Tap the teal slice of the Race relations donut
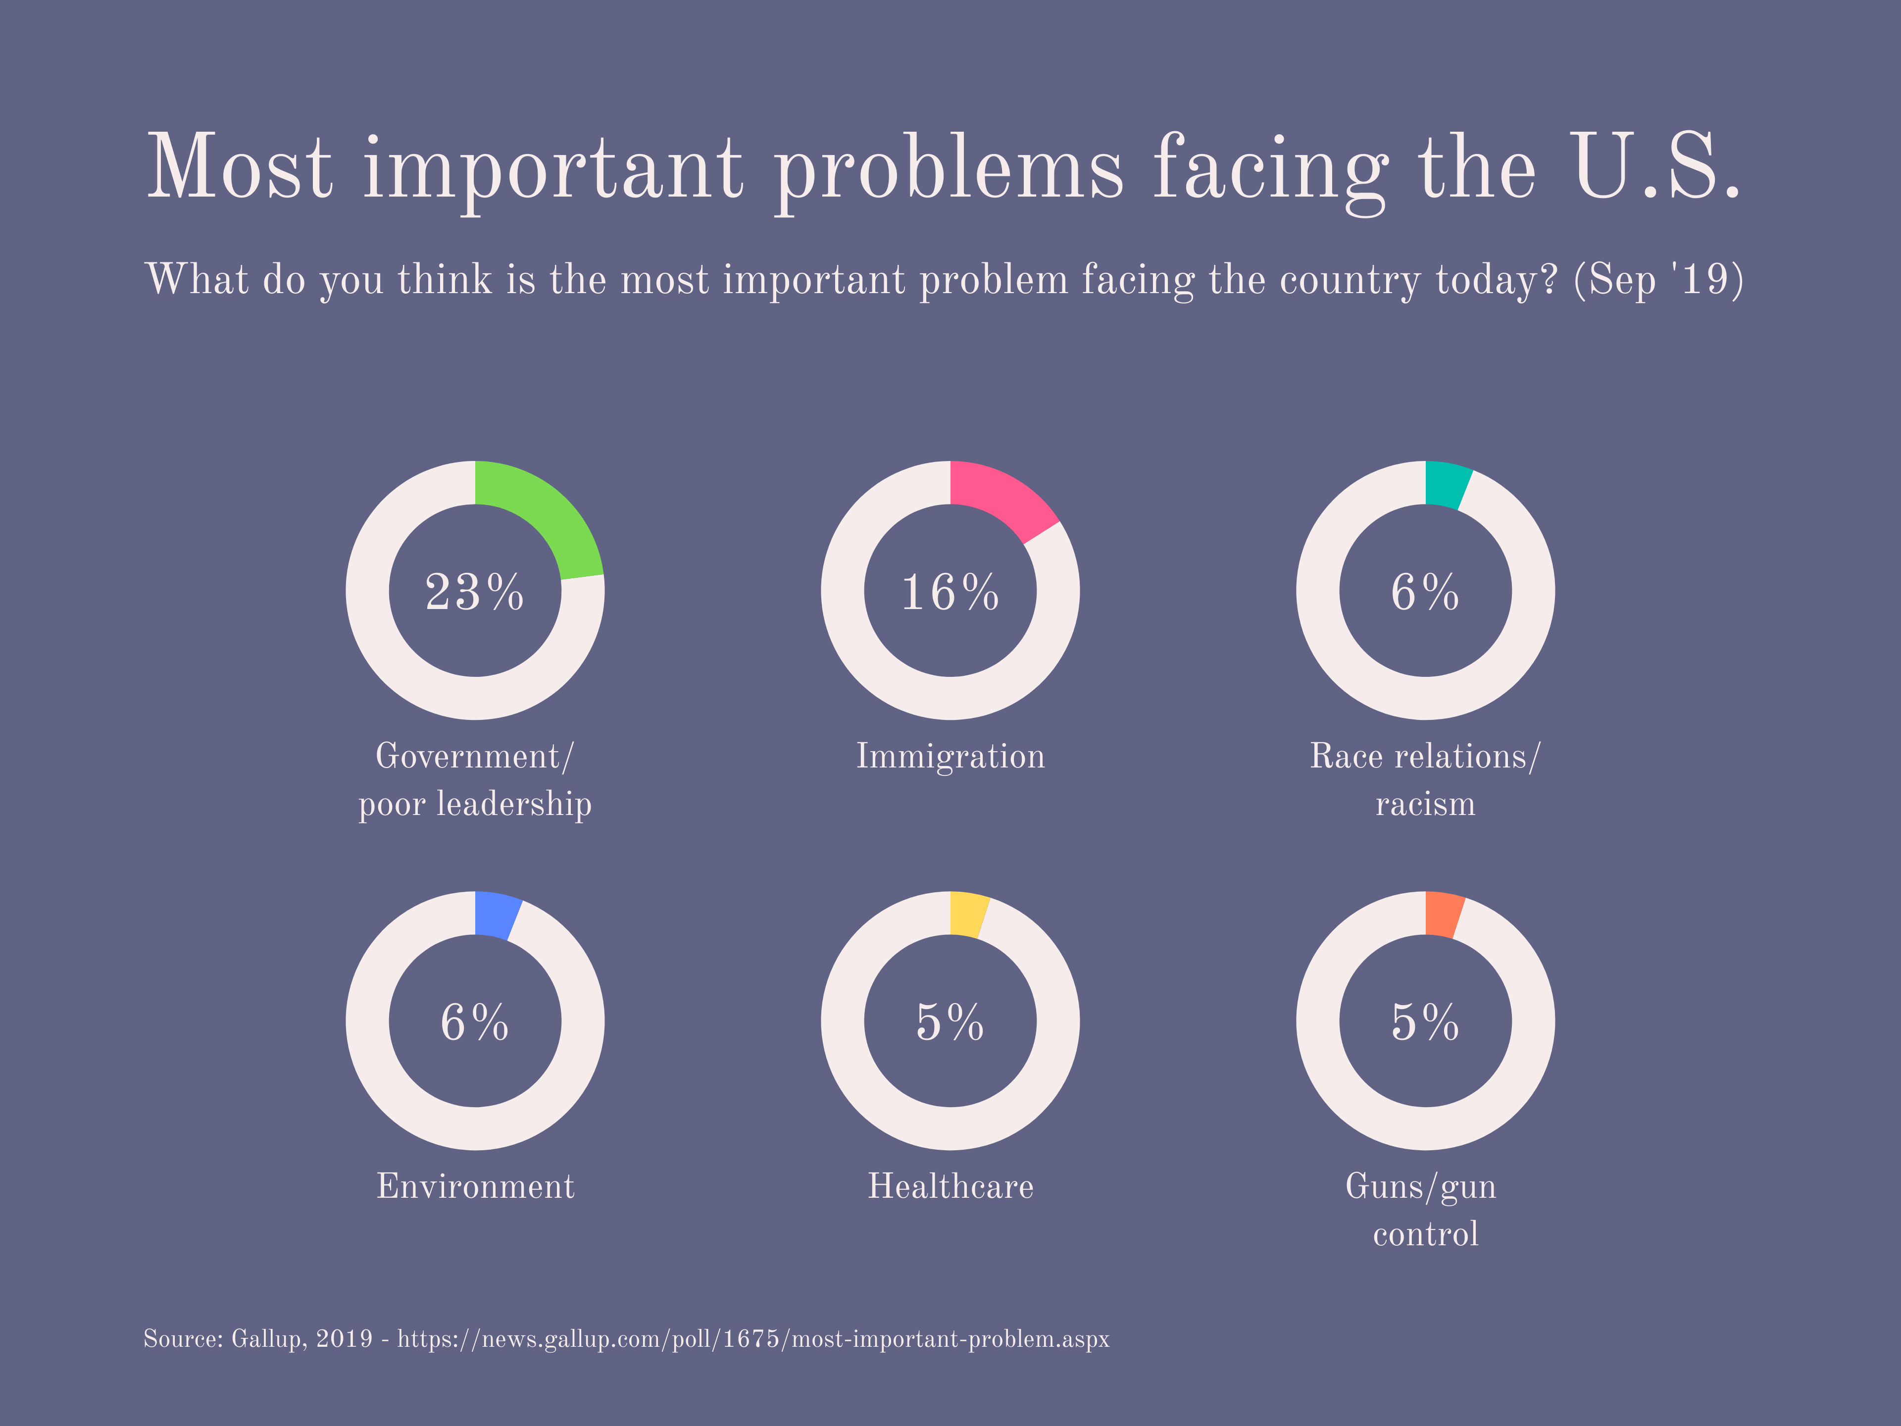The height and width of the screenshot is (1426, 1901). pos(1446,484)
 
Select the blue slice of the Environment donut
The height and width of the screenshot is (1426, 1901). pos(496,915)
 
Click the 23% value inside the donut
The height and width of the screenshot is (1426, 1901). pos(474,592)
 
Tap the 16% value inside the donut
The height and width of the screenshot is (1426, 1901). pos(950,592)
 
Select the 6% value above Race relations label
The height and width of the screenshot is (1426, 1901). pos(1425,592)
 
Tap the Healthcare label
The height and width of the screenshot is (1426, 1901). pos(950,1186)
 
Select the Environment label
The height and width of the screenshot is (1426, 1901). pos(474,1186)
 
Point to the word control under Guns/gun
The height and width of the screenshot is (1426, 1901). pos(1425,1234)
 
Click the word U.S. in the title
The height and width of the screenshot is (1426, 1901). pos(1654,168)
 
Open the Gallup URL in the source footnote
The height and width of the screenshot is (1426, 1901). pos(753,1339)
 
